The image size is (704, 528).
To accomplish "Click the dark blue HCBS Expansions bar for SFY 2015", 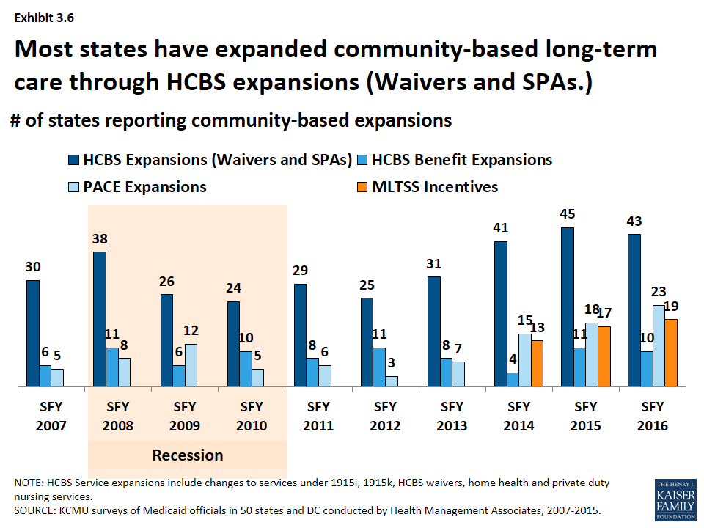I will tap(568, 307).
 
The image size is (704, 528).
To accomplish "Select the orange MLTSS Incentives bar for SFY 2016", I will tap(670, 353).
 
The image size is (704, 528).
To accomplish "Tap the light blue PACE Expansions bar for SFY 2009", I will tap(191, 365).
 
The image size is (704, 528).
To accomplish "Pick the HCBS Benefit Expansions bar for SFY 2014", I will tap(513, 379).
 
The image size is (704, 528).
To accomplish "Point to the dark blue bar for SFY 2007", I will tap(33, 333).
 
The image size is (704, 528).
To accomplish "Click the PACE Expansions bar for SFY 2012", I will tap(392, 381).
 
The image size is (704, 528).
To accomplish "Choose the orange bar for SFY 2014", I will tap(537, 363).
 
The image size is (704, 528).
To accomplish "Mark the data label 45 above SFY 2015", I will tap(567, 214).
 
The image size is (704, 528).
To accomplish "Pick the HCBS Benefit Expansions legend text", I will tap(462, 159).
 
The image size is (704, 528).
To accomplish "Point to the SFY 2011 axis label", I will tap(318, 416).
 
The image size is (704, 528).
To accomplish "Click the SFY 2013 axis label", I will tap(452, 416).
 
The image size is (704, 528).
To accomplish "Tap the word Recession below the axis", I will tap(187, 455).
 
